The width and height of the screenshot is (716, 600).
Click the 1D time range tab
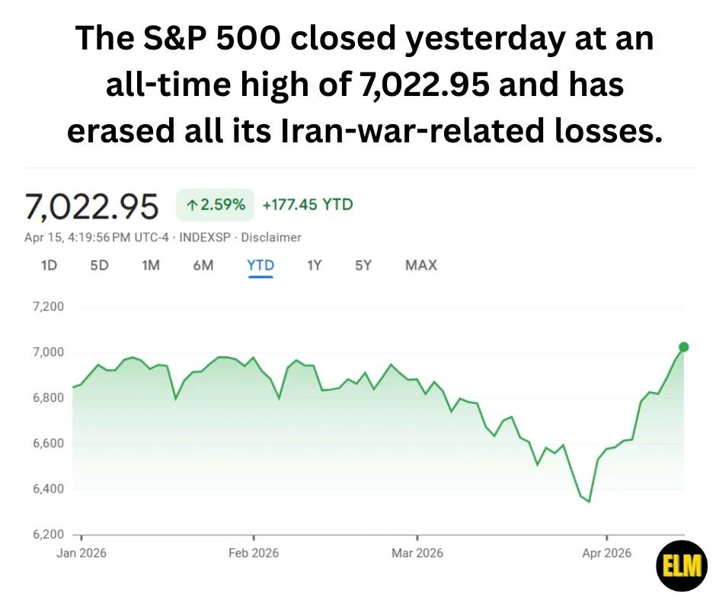49,265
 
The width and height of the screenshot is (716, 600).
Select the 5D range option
99,265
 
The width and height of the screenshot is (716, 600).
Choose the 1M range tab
151,265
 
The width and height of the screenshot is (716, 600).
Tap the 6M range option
203,265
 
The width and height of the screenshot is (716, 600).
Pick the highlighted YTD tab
261,265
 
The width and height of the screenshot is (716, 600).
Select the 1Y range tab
314,265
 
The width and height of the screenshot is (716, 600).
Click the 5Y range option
363,265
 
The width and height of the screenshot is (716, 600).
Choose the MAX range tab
421,265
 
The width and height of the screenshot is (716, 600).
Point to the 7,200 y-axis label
47,307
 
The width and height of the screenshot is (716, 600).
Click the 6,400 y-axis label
47,489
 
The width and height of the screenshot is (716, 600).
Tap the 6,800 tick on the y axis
47,397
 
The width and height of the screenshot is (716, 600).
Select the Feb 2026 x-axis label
254,553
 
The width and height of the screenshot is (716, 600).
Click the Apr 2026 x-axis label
606,553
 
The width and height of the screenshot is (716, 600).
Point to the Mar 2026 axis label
417,553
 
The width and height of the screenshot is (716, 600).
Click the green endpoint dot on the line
683,347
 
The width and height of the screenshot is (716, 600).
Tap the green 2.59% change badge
215,205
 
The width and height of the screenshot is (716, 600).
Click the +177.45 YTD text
308,205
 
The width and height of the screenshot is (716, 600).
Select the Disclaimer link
271,238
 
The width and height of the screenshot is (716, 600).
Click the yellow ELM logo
682,566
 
